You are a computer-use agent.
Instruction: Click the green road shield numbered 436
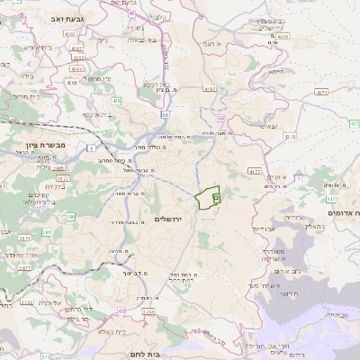[117, 101]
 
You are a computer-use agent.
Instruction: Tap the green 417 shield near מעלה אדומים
[331, 200]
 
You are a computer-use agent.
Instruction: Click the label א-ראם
[211, 42]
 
